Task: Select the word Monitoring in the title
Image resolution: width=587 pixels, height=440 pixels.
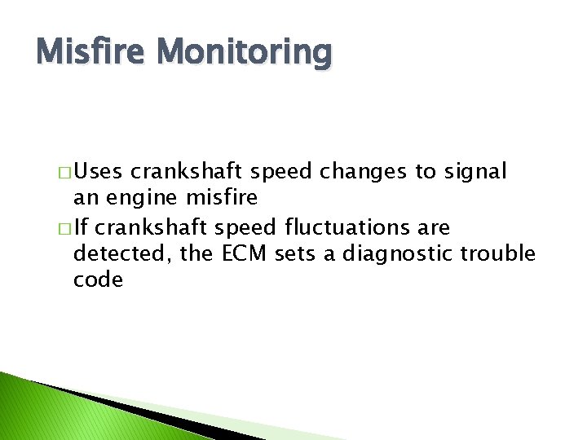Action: [x=245, y=53]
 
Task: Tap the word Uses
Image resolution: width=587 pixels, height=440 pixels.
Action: [x=102, y=172]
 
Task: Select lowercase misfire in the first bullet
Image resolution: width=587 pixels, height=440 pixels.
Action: [x=223, y=198]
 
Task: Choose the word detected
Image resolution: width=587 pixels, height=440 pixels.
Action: [x=121, y=253]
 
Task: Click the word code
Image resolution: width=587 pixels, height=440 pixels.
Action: [x=98, y=280]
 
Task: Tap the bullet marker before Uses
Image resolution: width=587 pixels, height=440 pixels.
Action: [x=64, y=174]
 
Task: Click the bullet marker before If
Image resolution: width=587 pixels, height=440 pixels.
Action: [x=64, y=227]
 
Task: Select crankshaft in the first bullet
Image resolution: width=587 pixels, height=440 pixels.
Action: [x=188, y=172]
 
